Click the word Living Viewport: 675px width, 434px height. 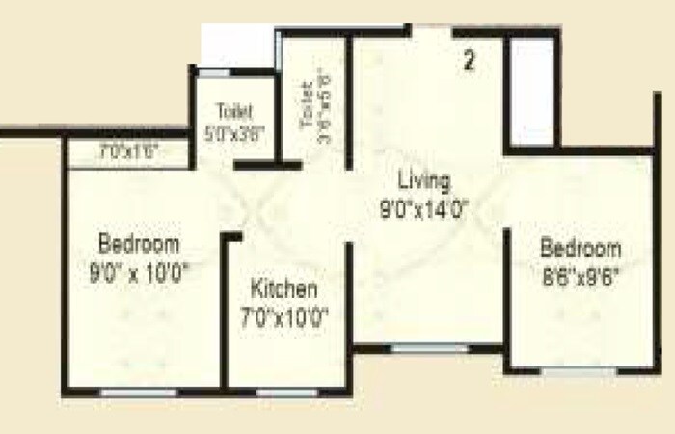coord(424,180)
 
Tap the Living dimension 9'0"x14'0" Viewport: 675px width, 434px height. coord(424,206)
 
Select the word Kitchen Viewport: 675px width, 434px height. coord(283,288)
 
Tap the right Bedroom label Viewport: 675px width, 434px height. coord(581,248)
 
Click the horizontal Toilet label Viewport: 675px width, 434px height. coord(234,110)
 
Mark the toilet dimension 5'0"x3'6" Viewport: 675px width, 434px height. coord(234,135)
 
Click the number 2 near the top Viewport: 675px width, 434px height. coord(470,62)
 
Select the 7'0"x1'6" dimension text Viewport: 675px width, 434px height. coord(128,151)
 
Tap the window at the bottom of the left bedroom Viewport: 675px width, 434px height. coord(140,393)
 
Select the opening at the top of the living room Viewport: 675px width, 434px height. coord(427,33)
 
